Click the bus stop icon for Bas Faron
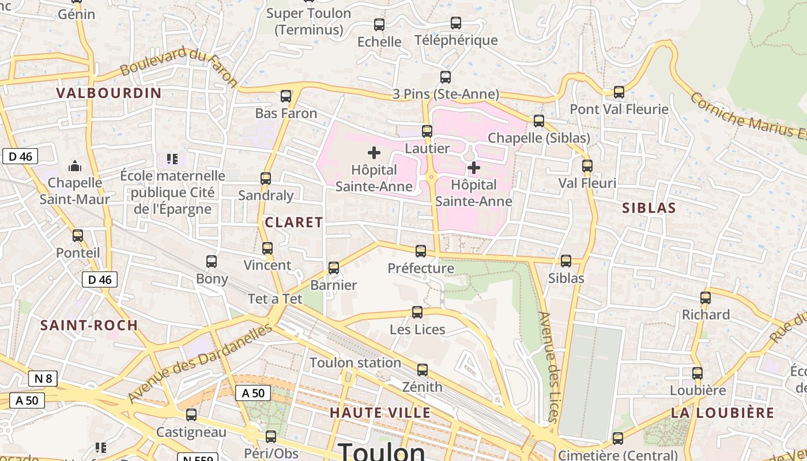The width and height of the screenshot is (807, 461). (x=286, y=96)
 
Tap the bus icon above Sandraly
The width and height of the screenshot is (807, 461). (x=266, y=179)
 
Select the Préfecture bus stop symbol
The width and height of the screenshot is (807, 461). (x=421, y=251)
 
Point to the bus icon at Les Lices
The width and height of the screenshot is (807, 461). (x=417, y=312)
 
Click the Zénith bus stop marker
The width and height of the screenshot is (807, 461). (x=423, y=370)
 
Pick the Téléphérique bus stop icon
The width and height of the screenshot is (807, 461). (x=456, y=23)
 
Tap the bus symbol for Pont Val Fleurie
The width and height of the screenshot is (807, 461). (x=619, y=92)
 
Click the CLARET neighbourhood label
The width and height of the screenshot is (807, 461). (x=293, y=222)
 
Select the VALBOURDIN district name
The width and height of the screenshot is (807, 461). (x=109, y=93)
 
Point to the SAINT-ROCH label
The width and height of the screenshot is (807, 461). (x=89, y=325)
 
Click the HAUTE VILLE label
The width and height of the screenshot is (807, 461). (x=380, y=413)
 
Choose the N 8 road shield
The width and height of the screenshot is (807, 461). (x=43, y=379)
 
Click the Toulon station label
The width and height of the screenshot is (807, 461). (x=355, y=363)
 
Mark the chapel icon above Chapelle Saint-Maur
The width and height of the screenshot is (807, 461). (x=75, y=167)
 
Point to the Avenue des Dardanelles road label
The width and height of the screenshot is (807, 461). (x=199, y=363)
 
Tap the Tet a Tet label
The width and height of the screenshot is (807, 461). (x=275, y=299)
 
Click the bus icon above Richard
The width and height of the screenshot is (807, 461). (x=706, y=298)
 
